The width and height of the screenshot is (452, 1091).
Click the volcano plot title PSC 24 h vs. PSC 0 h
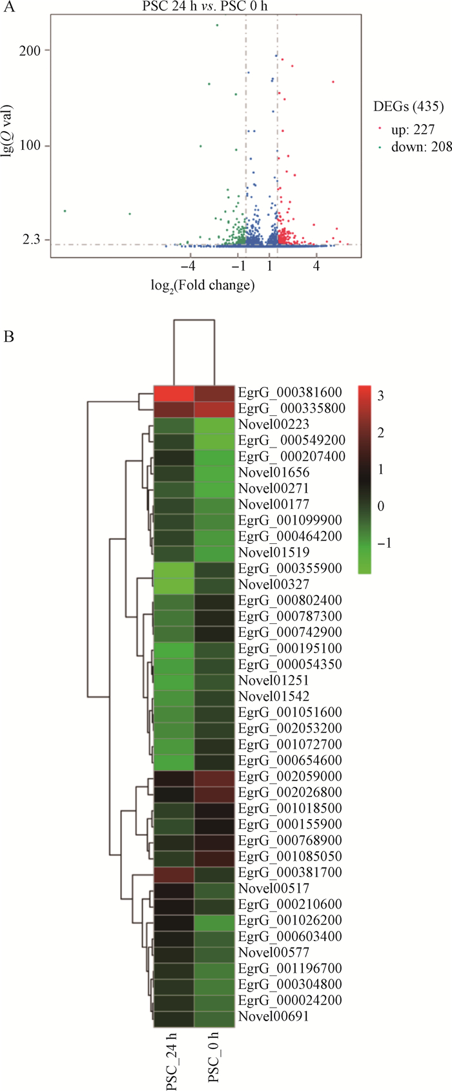[205, 6]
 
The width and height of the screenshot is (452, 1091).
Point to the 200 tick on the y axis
[30, 50]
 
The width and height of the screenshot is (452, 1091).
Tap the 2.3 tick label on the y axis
[31, 240]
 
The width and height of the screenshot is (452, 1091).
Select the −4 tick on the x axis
[188, 266]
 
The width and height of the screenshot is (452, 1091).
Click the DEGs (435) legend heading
[408, 107]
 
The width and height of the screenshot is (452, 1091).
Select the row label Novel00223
[273, 424]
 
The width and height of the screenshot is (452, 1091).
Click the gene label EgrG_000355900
[289, 568]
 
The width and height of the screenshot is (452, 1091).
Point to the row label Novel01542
[273, 696]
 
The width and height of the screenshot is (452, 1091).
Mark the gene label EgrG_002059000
[289, 776]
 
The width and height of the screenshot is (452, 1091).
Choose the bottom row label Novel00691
[273, 1016]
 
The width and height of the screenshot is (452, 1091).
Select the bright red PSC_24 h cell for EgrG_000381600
[173, 393]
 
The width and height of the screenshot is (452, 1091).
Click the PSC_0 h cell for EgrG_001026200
[214, 920]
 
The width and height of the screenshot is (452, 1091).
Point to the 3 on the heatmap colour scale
[380, 396]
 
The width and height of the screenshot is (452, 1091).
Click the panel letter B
[8, 337]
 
